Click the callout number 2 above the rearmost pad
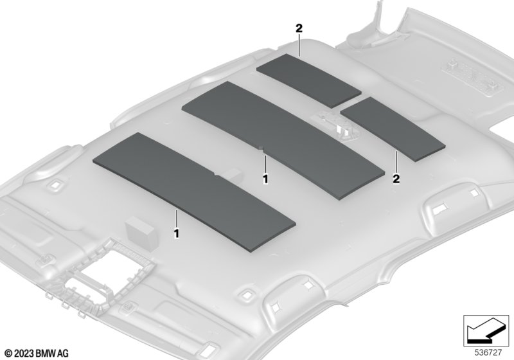point(299,28)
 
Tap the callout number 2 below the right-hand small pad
point(396,179)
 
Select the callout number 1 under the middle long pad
point(265,179)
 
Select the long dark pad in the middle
point(283,140)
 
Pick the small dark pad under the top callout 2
point(308,80)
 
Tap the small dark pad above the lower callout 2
point(393,129)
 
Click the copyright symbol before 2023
point(9,354)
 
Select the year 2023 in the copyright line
point(24,354)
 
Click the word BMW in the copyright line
point(46,354)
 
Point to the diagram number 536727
point(488,353)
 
